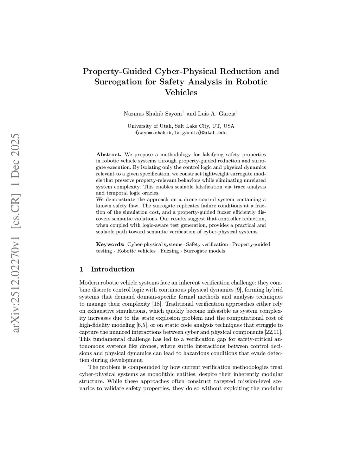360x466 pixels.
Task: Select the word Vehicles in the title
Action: (x=181, y=93)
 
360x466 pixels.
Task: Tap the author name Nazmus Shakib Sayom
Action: (x=153, y=114)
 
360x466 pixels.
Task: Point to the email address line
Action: (x=181, y=133)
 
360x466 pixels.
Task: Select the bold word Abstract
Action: (x=109, y=154)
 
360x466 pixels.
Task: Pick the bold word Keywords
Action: (x=110, y=244)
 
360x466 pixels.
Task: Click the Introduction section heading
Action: (x=112, y=269)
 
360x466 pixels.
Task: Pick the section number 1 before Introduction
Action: (x=82, y=269)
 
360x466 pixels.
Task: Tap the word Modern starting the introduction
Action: (x=89, y=283)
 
